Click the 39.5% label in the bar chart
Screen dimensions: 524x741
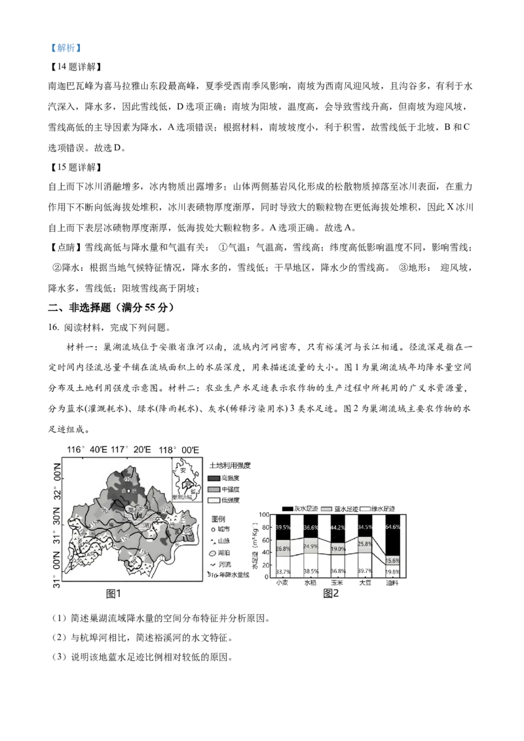[284, 528]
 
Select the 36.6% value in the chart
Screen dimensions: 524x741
[311, 528]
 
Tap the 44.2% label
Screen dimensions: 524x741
[339, 528]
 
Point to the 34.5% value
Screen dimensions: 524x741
[365, 528]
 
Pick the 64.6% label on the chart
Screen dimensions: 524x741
[393, 527]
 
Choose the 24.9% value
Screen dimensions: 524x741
[311, 546]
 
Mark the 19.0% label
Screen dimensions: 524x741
[339, 549]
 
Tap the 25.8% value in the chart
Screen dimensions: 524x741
[365, 544]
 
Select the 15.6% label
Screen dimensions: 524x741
[393, 561]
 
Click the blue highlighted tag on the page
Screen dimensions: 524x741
[65, 48]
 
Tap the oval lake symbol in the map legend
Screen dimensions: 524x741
[213, 553]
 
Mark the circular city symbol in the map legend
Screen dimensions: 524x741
[213, 529]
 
